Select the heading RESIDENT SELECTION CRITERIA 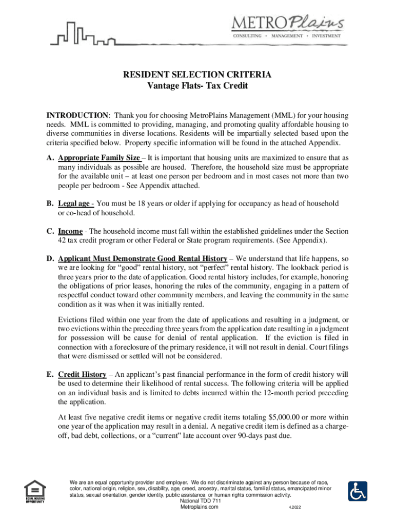(x=197, y=75)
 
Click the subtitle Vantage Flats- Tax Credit (x=197, y=86)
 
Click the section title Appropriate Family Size (x=98, y=158)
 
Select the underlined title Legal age (x=75, y=204)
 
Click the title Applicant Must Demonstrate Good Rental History (x=142, y=258)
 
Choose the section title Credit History (x=82, y=374)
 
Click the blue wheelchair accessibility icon (x=358, y=491)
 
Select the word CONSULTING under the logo (x=248, y=36)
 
